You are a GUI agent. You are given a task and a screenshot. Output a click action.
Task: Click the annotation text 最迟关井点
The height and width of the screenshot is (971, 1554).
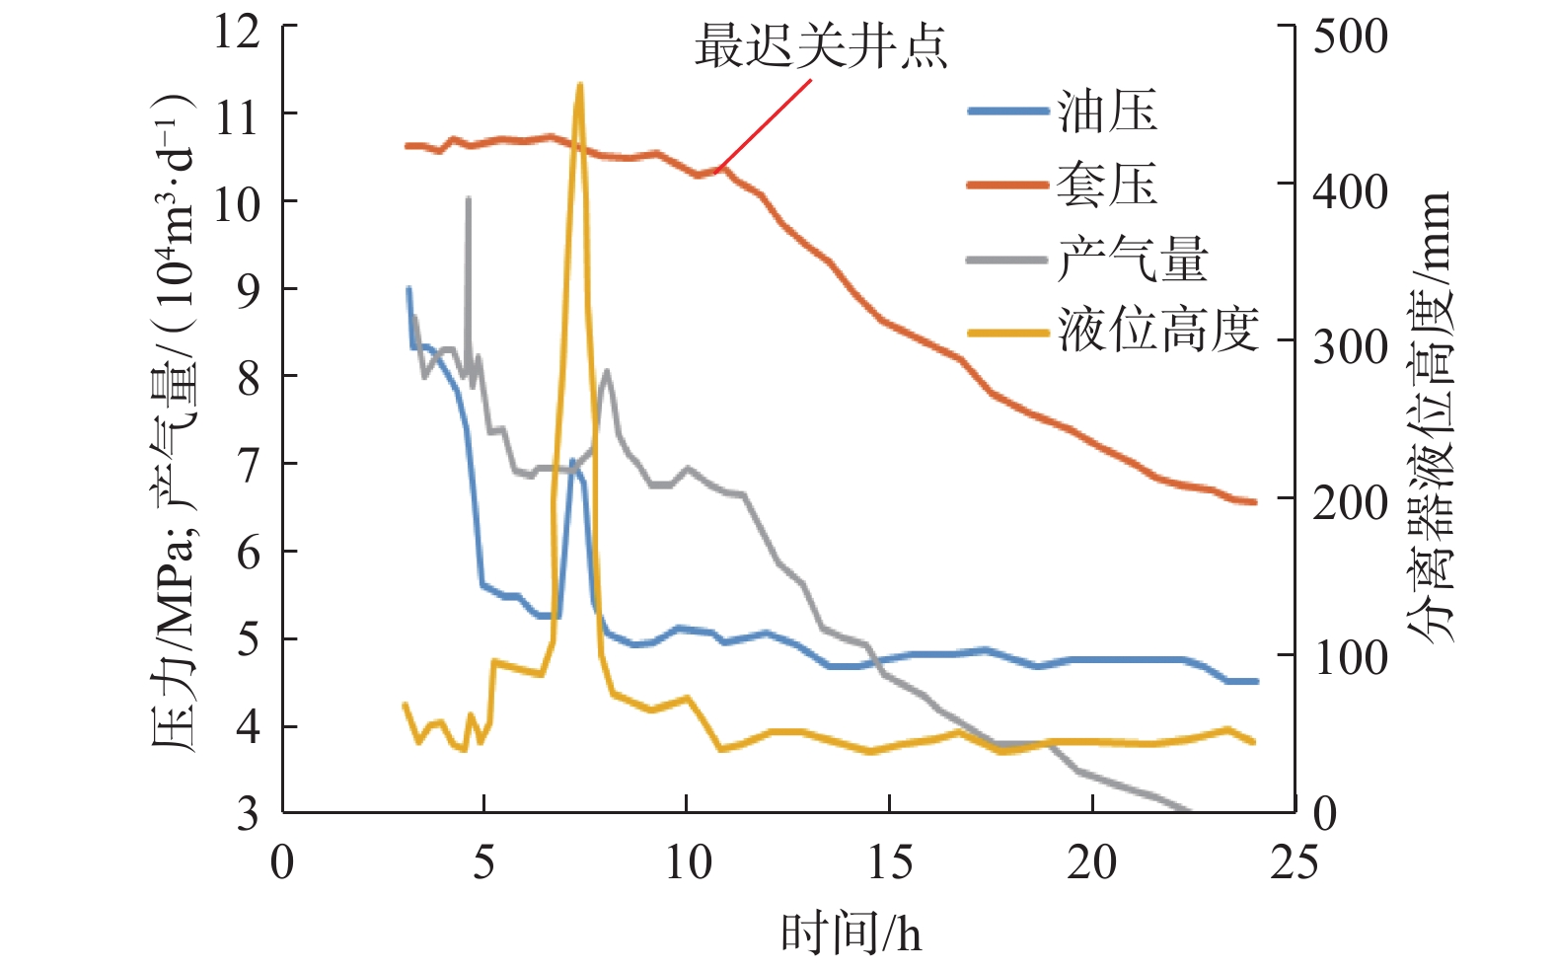click(821, 46)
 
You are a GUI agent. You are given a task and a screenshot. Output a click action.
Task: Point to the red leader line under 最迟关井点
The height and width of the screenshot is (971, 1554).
click(765, 122)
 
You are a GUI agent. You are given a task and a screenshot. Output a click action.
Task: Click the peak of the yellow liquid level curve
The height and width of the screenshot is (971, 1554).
click(579, 86)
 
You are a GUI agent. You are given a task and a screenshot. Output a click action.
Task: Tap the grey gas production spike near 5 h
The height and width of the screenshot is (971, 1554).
click(468, 199)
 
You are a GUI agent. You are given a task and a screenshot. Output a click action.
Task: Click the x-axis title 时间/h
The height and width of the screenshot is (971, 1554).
click(851, 933)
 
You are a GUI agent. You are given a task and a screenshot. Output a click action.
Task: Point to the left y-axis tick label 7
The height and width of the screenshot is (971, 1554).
click(249, 463)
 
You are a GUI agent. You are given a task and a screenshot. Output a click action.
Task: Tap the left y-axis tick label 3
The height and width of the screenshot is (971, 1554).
click(249, 813)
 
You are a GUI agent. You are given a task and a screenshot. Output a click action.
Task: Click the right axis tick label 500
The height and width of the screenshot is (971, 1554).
click(1350, 37)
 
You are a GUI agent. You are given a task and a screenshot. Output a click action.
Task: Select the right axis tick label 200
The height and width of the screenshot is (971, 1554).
click(1350, 502)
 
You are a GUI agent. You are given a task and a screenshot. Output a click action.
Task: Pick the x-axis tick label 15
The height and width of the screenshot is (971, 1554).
click(889, 862)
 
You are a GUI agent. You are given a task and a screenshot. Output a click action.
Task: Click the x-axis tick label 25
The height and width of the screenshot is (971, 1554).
click(1294, 862)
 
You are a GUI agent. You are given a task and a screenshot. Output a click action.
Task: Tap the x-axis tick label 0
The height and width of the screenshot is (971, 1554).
click(282, 862)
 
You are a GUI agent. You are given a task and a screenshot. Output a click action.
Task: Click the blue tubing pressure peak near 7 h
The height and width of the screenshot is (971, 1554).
click(573, 461)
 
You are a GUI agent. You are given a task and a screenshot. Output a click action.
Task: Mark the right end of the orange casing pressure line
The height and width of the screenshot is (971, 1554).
click(1254, 502)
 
